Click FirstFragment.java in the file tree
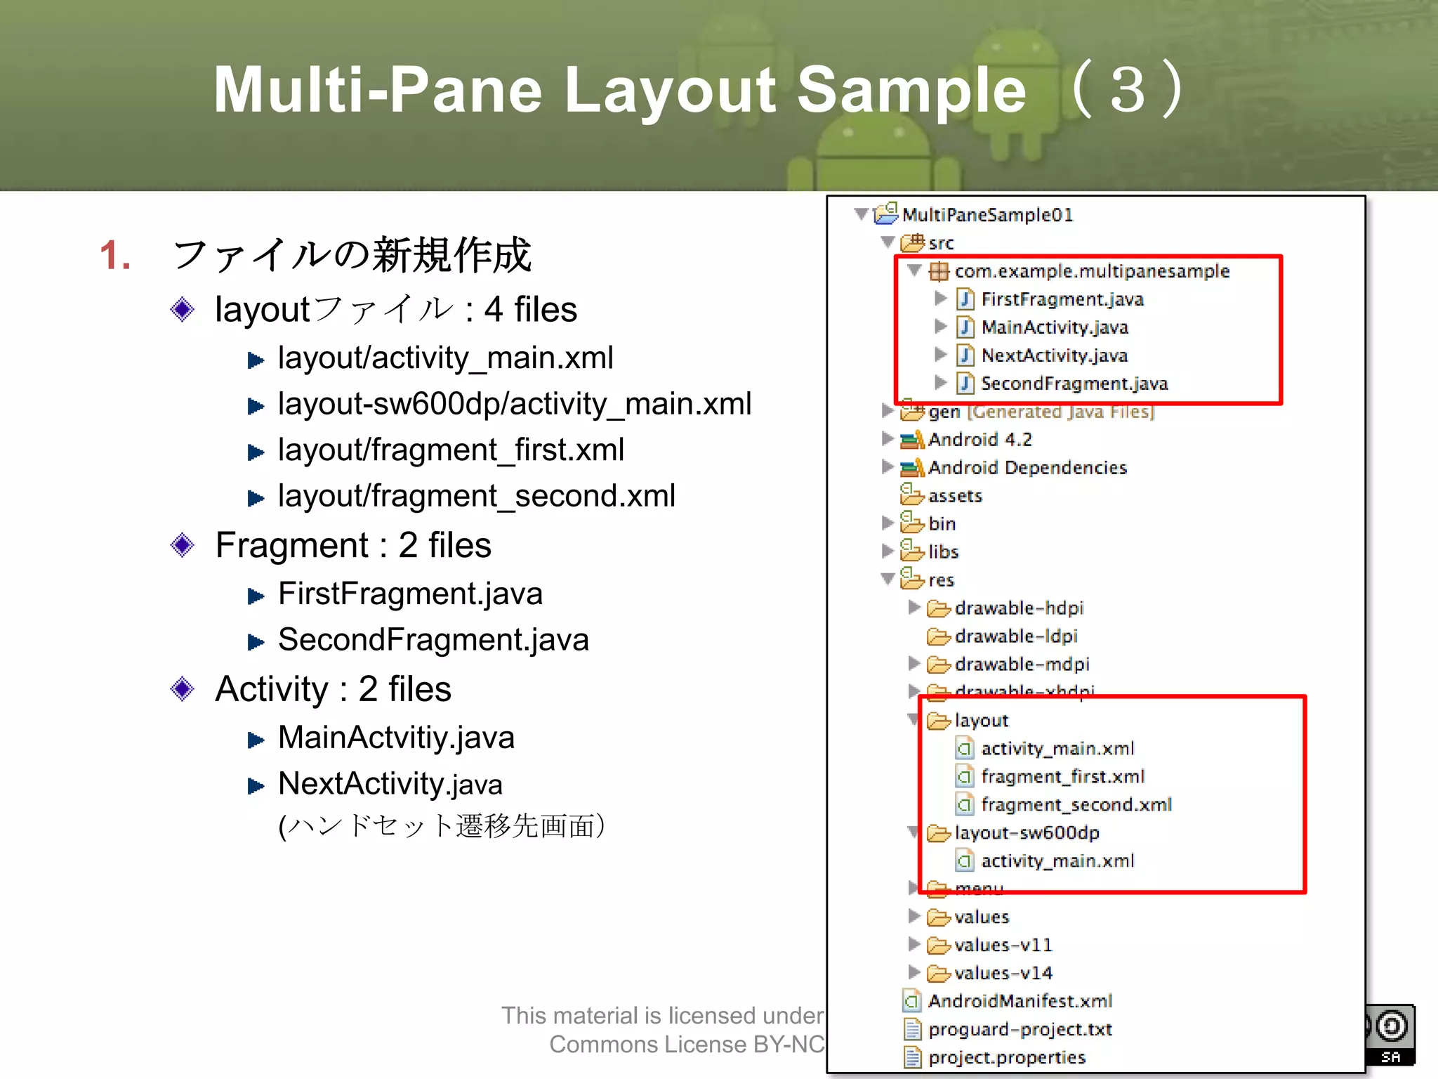click(x=1062, y=299)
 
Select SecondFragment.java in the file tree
click(x=1074, y=384)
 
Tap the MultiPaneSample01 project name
click(x=987, y=215)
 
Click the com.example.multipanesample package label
click(x=1092, y=271)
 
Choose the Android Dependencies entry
click(x=1027, y=468)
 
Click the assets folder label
click(x=954, y=496)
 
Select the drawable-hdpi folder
click(x=1018, y=608)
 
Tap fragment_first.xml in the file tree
click(x=1062, y=777)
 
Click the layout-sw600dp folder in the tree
click(x=1027, y=833)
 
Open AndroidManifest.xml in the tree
click(x=1020, y=1001)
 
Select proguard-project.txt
click(x=1020, y=1030)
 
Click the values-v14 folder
click(x=1003, y=974)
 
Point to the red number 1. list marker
click(x=115, y=255)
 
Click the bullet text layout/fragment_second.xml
click(x=476, y=496)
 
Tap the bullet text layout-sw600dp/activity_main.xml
click(x=514, y=404)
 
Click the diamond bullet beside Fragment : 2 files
click(x=183, y=545)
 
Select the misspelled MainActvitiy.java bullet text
click(x=396, y=738)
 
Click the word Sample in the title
click(x=911, y=90)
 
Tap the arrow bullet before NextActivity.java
click(x=256, y=786)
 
